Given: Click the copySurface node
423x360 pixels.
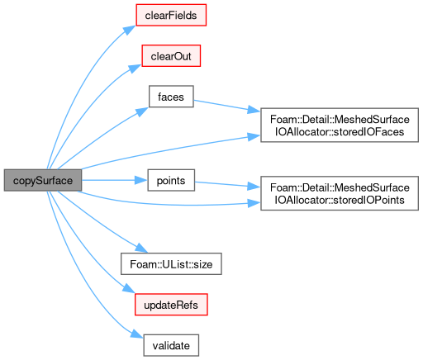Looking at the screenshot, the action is click(x=43, y=180).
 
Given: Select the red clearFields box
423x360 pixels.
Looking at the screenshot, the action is click(x=171, y=15).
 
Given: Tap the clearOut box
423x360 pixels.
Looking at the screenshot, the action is click(x=171, y=56).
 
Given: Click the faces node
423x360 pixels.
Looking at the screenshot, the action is click(x=171, y=97).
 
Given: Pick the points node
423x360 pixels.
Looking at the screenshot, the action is click(x=171, y=180).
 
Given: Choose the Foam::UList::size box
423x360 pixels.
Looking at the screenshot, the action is click(x=171, y=263).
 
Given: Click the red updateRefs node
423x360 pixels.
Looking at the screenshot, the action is click(x=171, y=305).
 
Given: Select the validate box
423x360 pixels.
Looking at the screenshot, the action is click(x=171, y=345).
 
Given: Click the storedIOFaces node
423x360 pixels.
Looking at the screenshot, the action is click(x=340, y=125).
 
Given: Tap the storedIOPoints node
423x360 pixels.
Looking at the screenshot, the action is click(x=340, y=193).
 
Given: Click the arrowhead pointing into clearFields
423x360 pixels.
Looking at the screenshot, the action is click(x=130, y=30).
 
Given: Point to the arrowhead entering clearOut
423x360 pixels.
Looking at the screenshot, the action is click(x=135, y=69).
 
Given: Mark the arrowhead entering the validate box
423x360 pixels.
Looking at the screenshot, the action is click(x=137, y=334).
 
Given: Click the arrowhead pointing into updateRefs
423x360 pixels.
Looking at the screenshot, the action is click(x=129, y=288).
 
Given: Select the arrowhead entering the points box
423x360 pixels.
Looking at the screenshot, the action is click(x=141, y=180).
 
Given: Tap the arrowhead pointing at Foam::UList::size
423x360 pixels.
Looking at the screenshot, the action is click(x=141, y=248).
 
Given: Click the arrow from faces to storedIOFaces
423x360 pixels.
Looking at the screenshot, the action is click(x=227, y=106).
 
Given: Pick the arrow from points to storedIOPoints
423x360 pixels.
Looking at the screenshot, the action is click(x=227, y=185).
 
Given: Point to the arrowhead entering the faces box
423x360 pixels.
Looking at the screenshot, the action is click(x=142, y=111).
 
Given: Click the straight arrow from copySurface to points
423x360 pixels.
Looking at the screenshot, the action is click(x=115, y=180).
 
